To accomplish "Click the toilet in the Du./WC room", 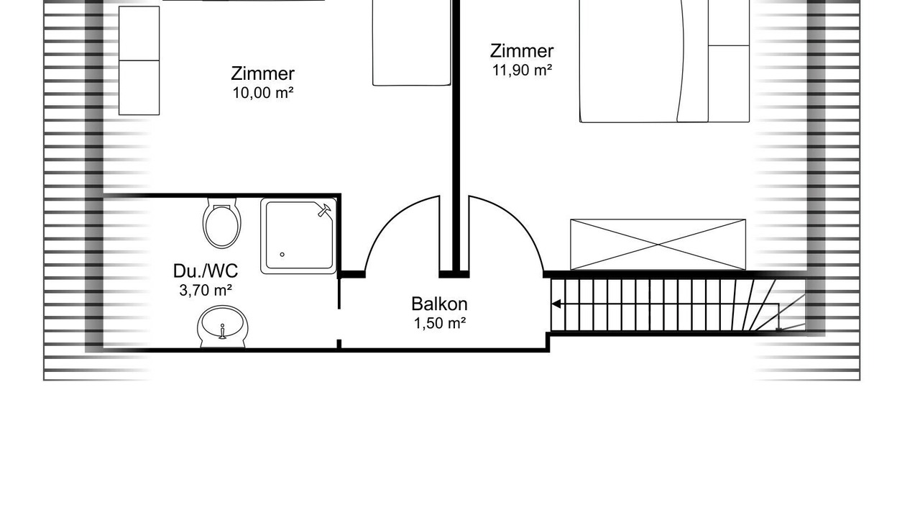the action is (222, 224).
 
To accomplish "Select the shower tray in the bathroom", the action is (298, 237).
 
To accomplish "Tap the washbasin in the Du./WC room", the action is (223, 327).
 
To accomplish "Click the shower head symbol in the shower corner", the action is (324, 209).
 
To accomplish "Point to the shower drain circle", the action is (282, 255).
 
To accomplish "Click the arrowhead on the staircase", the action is (556, 304).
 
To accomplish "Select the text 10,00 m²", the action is (263, 94).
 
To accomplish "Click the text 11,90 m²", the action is (522, 71).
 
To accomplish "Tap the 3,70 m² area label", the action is (206, 291).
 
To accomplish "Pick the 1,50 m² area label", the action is (439, 324).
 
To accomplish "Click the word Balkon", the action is (439, 304).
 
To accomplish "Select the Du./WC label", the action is (206, 271).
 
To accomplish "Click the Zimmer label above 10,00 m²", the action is (263, 74).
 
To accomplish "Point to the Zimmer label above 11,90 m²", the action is (522, 51).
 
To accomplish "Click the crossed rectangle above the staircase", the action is (658, 245).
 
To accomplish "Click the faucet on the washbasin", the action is (223, 332).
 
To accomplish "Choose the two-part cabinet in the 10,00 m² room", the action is (139, 60).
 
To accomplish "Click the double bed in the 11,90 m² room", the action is (665, 61).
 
